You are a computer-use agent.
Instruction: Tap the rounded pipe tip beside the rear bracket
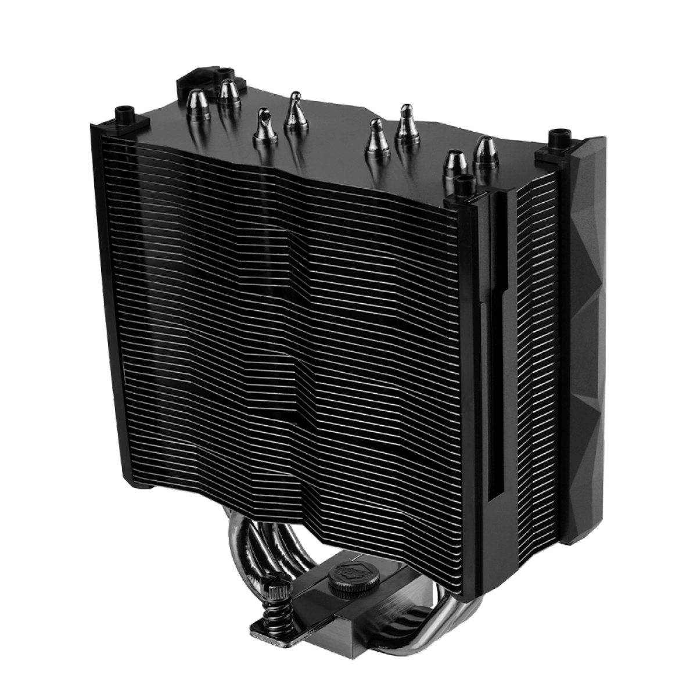click(229, 93)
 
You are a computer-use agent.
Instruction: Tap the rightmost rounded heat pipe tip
click(485, 154)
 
